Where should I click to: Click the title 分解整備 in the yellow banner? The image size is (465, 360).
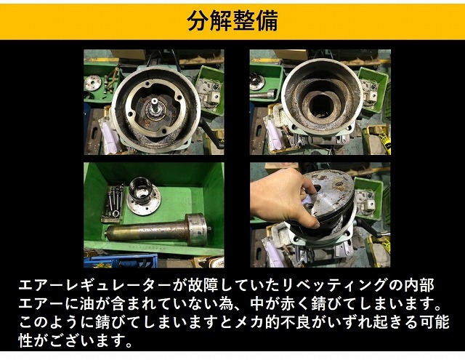(232, 20)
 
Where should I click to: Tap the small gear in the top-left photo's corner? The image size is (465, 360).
(92, 81)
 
